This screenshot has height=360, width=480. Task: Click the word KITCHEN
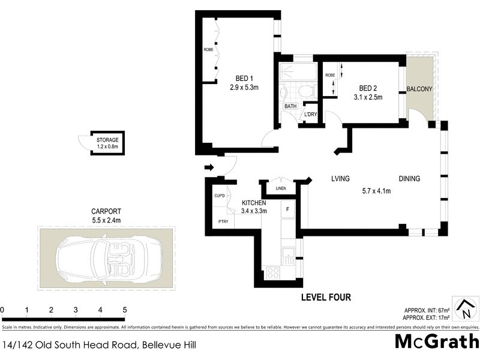254,203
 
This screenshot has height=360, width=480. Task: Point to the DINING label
410,179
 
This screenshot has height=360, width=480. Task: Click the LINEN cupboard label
281,189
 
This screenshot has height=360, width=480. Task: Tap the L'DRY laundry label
310,114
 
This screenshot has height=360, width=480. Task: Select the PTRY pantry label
223,221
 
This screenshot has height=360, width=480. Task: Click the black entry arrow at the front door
209,167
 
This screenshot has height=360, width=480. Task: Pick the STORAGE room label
107,140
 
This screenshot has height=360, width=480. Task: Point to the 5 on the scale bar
125,310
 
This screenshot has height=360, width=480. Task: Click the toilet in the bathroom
305,92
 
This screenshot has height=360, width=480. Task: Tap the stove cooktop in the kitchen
272,272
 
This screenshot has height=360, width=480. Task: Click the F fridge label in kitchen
288,209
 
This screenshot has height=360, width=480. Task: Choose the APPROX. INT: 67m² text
427,310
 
